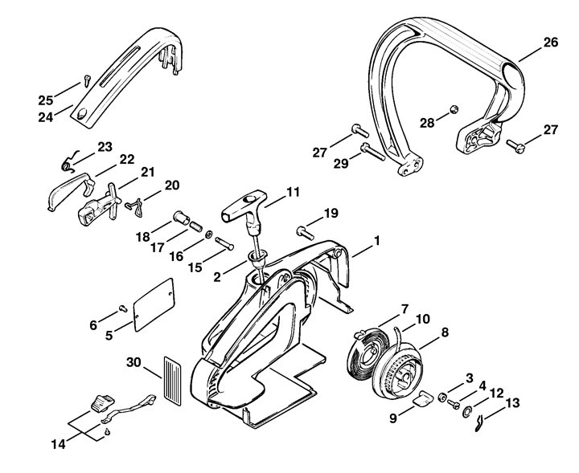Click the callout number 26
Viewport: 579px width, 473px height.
pos(550,43)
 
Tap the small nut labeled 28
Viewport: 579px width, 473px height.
pos(454,109)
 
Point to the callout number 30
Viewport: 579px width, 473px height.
pos(133,362)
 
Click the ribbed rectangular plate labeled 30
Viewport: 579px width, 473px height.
pos(172,380)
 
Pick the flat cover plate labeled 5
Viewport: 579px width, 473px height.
pos(154,305)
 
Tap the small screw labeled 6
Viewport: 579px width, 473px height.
pos(122,308)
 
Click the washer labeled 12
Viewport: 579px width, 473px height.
pos(467,411)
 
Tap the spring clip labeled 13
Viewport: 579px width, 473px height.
pos(479,423)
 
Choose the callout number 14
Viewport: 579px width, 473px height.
pos(58,444)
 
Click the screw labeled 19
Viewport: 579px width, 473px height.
pos(305,233)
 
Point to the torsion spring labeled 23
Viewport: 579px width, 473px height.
pos(68,162)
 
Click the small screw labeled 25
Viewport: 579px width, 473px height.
pos(87,80)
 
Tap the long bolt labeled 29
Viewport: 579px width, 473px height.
pos(373,152)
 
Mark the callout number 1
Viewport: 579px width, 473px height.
pos(376,241)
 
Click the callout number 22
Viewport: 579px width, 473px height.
pos(126,159)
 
